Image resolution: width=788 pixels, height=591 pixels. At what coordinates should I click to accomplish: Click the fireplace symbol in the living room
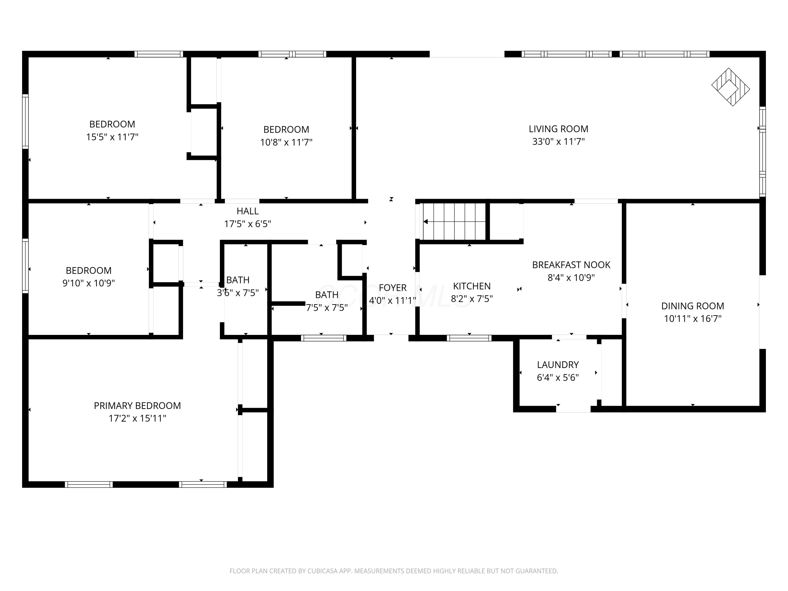pyautogui.click(x=731, y=87)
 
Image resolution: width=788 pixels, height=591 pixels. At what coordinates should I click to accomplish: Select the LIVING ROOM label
pyautogui.click(x=558, y=129)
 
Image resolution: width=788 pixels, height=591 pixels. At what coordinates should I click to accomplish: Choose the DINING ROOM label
pyautogui.click(x=693, y=306)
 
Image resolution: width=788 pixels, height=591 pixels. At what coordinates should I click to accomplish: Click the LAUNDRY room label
pyautogui.click(x=558, y=365)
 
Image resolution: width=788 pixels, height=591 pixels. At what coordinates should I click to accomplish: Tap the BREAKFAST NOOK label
pyautogui.click(x=571, y=265)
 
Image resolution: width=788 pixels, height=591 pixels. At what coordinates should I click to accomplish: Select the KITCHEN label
pyautogui.click(x=472, y=286)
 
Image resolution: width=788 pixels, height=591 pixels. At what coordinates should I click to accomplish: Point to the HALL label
pyautogui.click(x=248, y=211)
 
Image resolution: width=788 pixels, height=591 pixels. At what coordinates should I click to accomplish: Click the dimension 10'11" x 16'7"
pyautogui.click(x=693, y=318)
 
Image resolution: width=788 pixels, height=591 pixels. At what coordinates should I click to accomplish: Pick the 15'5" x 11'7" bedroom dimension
pyautogui.click(x=112, y=137)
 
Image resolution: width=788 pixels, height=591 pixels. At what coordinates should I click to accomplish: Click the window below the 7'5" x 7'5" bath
pyautogui.click(x=323, y=338)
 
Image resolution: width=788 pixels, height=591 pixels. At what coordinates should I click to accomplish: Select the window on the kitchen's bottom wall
pyautogui.click(x=469, y=338)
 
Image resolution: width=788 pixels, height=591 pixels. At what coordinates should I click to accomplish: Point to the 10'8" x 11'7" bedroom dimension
pyautogui.click(x=286, y=142)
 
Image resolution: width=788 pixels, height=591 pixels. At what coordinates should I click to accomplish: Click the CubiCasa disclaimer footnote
pyautogui.click(x=394, y=571)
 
